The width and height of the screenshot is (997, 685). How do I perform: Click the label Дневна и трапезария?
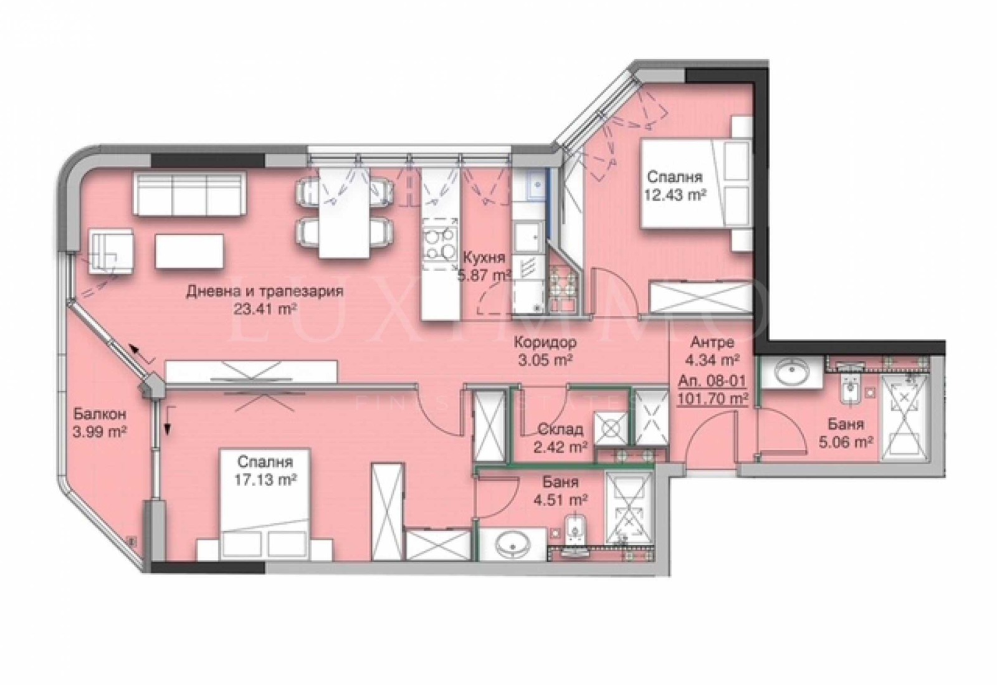(265, 292)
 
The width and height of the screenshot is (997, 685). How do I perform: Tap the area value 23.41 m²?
(265, 309)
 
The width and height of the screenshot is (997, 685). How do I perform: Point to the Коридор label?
(545, 342)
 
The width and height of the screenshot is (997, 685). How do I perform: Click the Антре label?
(712, 342)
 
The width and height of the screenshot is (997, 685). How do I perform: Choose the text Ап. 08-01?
(712, 380)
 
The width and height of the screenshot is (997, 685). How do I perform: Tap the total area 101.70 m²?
(712, 398)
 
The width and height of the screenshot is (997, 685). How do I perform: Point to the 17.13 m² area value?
(265, 480)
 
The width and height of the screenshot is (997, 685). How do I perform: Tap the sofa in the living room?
(188, 193)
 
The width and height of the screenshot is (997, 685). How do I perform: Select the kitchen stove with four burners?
(440, 246)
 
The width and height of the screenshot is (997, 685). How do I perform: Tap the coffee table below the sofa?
(189, 251)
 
